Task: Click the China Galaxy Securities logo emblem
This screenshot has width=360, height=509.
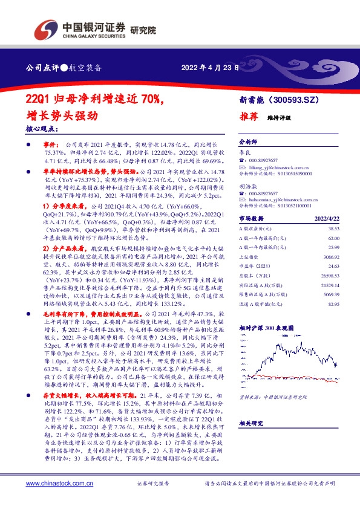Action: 45,28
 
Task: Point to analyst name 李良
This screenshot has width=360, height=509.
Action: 244,154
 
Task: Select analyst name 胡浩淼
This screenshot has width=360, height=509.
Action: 247,187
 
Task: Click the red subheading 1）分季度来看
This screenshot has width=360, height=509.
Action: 65,207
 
